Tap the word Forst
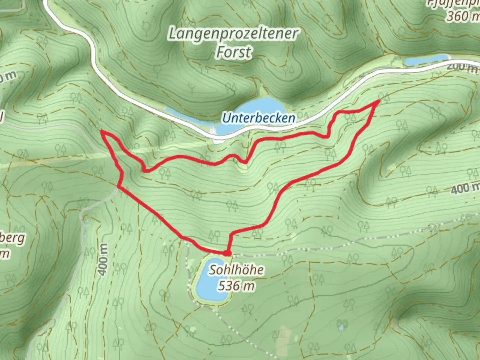[x=234, y=52]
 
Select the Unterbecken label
[x=259, y=118]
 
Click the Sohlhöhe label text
[x=236, y=270]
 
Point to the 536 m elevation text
[x=236, y=286]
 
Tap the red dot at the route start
[x=227, y=254]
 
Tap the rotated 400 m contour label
[x=103, y=260]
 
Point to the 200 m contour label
[x=461, y=67]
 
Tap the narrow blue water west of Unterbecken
[x=187, y=117]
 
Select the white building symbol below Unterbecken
[x=217, y=140]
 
